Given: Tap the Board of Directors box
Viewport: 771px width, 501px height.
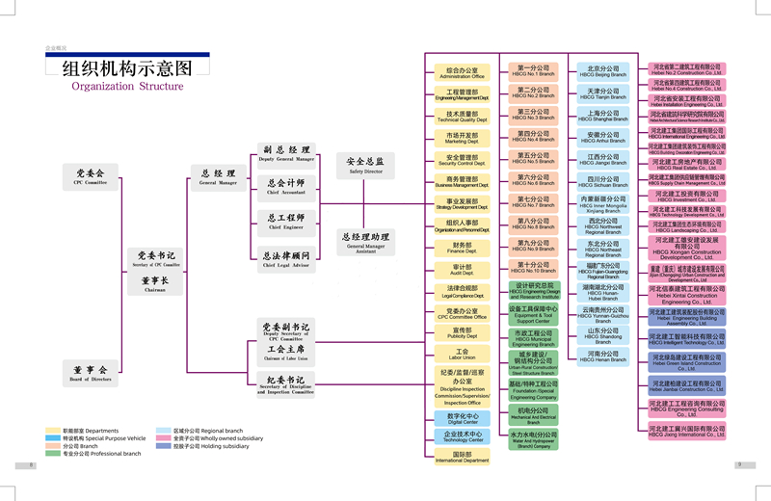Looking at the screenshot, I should pyautogui.click(x=92, y=372).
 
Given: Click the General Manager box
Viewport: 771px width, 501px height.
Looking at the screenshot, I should pyautogui.click(x=218, y=175).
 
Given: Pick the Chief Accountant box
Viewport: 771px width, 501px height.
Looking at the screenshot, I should pyautogui.click(x=285, y=186).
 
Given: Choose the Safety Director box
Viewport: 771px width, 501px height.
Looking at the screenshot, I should pyautogui.click(x=366, y=165).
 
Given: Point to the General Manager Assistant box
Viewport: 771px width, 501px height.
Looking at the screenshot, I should pyautogui.click(x=366, y=241).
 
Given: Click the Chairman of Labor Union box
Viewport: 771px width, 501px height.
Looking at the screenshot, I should pyautogui.click(x=285, y=353).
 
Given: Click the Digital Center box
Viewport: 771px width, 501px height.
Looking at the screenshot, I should pyautogui.click(x=463, y=418).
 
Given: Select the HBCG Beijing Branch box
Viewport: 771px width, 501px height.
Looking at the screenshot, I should pyautogui.click(x=603, y=70).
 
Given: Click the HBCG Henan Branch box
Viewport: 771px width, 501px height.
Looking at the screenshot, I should pyautogui.click(x=603, y=356).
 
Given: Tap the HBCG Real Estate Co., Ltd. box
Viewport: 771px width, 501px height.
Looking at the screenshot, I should pyautogui.click(x=687, y=165).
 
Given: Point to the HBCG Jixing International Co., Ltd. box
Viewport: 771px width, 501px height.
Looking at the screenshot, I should pyautogui.click(x=687, y=430).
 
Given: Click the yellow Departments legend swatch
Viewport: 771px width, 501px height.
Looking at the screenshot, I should pyautogui.click(x=52, y=431).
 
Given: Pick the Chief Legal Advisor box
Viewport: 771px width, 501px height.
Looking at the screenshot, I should pyautogui.click(x=285, y=259).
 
